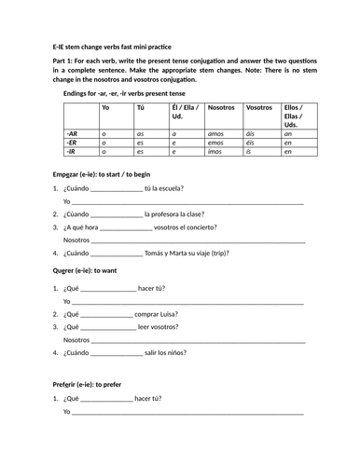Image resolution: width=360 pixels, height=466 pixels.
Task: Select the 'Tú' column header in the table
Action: tap(141, 108)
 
